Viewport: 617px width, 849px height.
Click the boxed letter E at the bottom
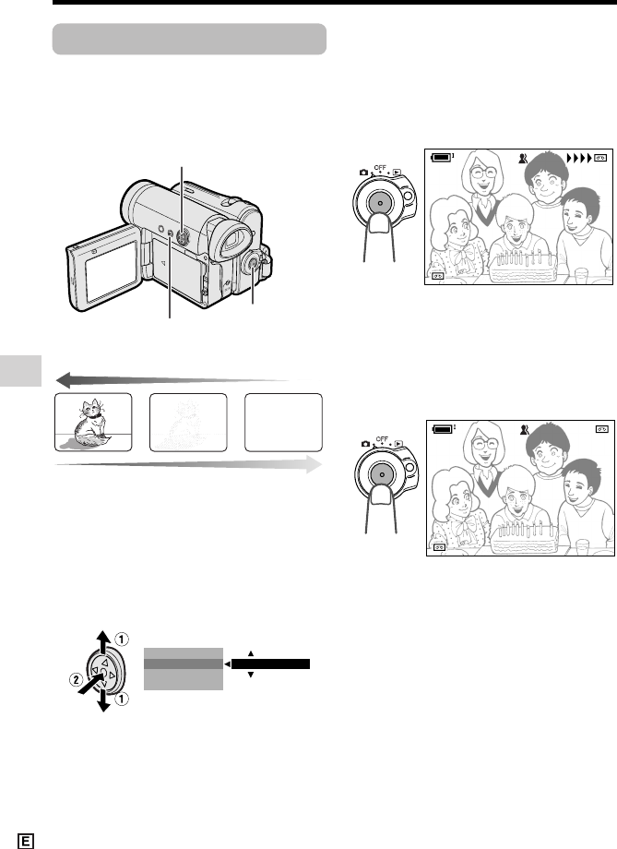coord(26,841)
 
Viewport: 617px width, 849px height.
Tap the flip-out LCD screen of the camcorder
coord(112,270)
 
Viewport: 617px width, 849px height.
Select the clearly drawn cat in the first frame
coord(89,424)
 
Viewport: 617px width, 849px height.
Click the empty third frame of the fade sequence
coord(283,423)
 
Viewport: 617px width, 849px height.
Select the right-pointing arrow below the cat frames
coord(189,464)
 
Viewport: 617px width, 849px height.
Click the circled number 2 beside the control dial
coord(76,679)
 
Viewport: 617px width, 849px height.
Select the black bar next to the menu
coord(270,664)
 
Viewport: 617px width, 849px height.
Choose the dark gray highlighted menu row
coord(184,664)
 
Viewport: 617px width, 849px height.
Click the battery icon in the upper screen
coord(442,157)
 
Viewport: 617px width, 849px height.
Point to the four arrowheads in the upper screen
coord(579,158)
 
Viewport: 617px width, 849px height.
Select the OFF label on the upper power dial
coord(381,168)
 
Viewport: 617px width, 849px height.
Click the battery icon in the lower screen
coord(444,429)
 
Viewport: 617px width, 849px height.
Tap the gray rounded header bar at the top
coord(189,39)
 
